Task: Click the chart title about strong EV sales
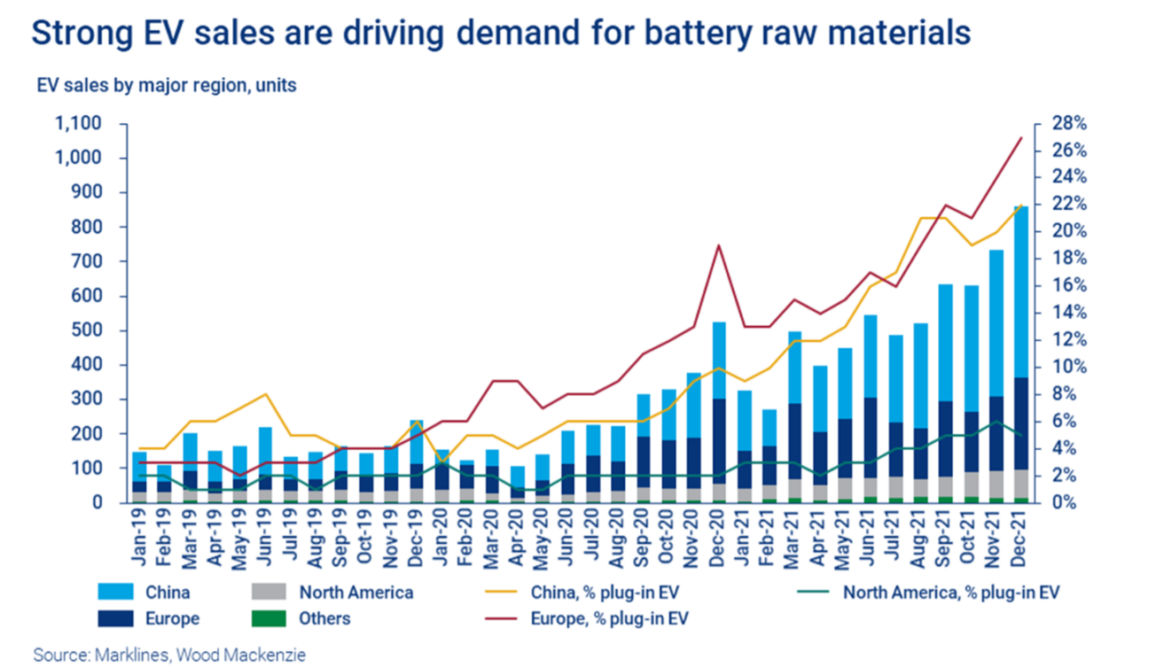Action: pyautogui.click(x=501, y=33)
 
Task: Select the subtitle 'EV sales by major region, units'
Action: pyautogui.click(x=166, y=86)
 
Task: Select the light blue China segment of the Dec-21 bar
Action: pyautogui.click(x=1020, y=292)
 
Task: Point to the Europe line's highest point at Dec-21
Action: pyautogui.click(x=1021, y=137)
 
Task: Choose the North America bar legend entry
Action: pyautogui.click(x=355, y=593)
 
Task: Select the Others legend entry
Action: pyautogui.click(x=324, y=618)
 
